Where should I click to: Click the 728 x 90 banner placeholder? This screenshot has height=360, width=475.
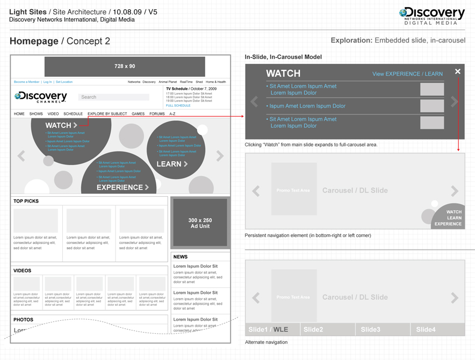(125, 66)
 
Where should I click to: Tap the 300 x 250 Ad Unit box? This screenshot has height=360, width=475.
(200, 223)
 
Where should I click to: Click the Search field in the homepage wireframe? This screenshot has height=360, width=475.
(114, 97)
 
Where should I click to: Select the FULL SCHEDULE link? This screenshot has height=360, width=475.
(178, 106)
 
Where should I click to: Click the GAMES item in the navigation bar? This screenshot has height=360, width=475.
(138, 114)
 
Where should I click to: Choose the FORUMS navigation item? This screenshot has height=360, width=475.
(157, 114)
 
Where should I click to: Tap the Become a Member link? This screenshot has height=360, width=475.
(26, 82)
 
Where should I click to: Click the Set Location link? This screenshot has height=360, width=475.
(64, 82)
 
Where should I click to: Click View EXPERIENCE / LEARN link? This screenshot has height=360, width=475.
(407, 74)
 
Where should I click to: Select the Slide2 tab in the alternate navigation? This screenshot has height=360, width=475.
(313, 329)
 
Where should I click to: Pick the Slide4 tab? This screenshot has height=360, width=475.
(426, 329)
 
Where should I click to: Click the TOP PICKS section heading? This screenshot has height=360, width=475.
(26, 201)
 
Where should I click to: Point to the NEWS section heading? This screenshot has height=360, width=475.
(181, 257)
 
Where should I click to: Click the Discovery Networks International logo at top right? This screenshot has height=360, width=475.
(431, 16)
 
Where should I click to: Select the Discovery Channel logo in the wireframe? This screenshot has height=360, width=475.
(41, 97)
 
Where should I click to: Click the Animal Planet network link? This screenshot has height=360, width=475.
(168, 82)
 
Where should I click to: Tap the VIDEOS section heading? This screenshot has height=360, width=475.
(23, 271)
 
